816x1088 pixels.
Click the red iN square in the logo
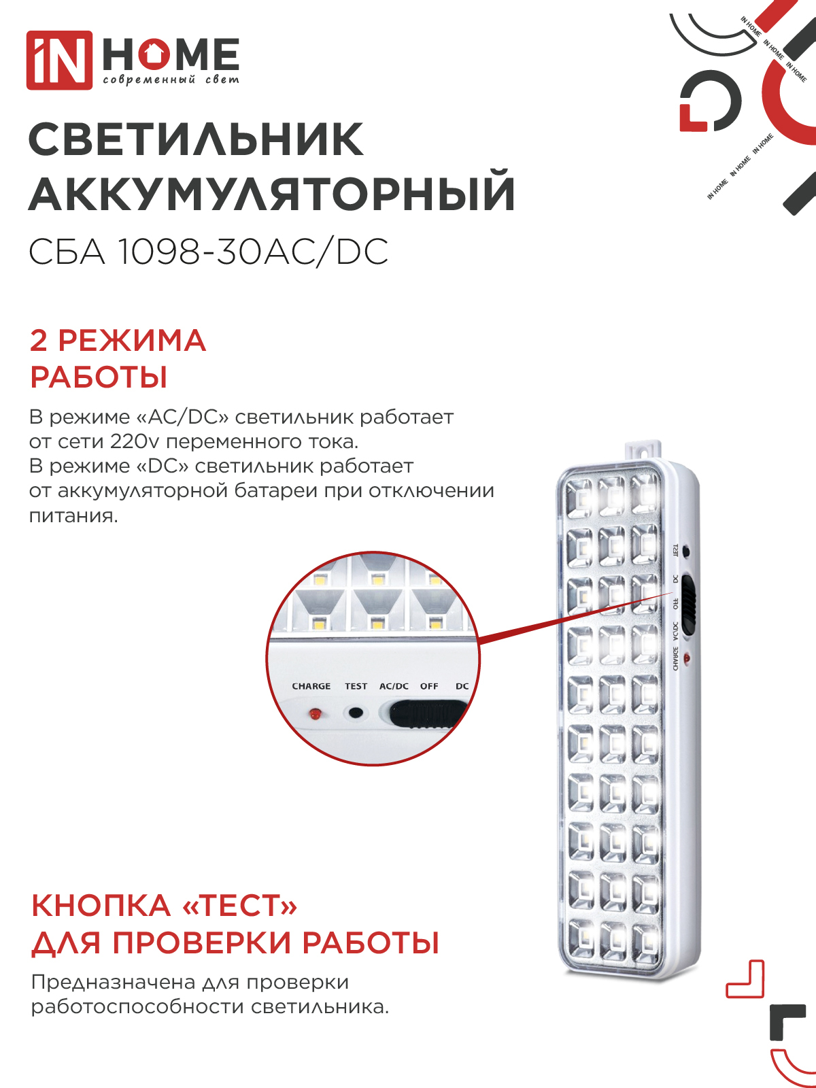(x=59, y=60)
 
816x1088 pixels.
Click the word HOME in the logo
(x=171, y=54)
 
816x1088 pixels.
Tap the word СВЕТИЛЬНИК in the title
(x=197, y=140)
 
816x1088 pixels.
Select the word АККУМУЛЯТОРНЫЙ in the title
(x=272, y=194)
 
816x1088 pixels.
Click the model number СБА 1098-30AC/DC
(x=208, y=252)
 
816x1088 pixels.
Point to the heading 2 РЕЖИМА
(x=118, y=340)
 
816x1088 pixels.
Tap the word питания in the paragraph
(x=73, y=515)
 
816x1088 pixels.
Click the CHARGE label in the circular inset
(x=311, y=686)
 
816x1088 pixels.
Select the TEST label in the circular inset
(x=356, y=686)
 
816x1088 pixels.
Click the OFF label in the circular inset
(x=429, y=686)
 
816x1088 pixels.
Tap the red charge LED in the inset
(x=315, y=714)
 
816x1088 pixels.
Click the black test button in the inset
(x=356, y=713)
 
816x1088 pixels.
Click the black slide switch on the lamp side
(x=689, y=605)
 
